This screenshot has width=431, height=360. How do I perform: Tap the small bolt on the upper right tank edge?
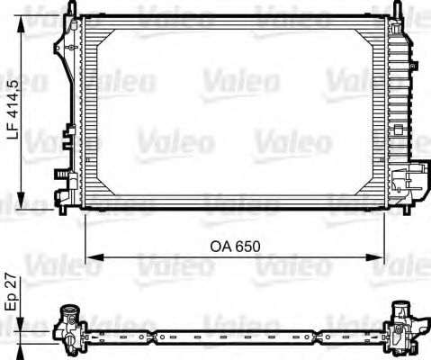click(416, 64)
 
